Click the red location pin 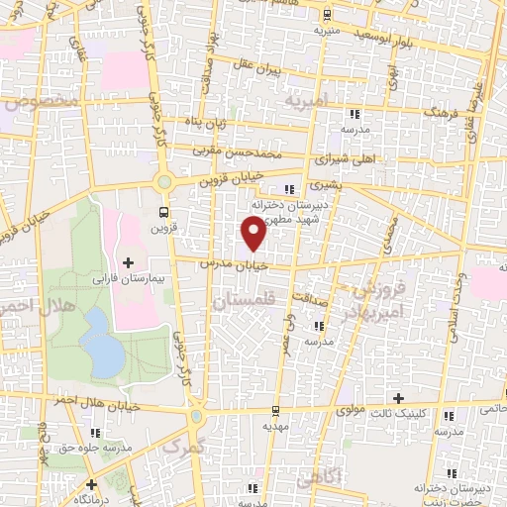point(254,233)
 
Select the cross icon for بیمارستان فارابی point(129,261)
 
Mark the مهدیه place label point(279,424)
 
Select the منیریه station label point(327,30)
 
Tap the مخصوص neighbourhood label point(40,102)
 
